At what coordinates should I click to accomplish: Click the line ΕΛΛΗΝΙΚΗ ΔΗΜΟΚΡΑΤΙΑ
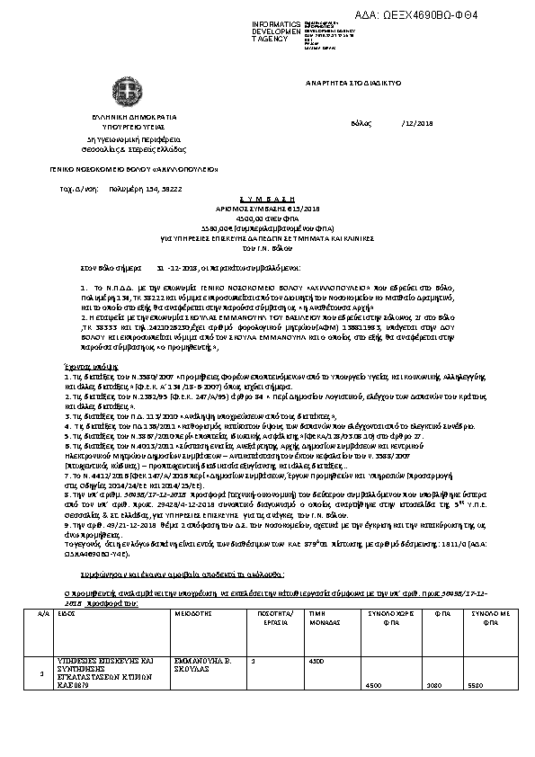coord(133,117)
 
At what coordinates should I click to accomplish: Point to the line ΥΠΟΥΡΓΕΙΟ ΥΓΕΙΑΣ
coord(133,127)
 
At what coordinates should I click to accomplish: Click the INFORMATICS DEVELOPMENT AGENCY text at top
coord(277,31)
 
